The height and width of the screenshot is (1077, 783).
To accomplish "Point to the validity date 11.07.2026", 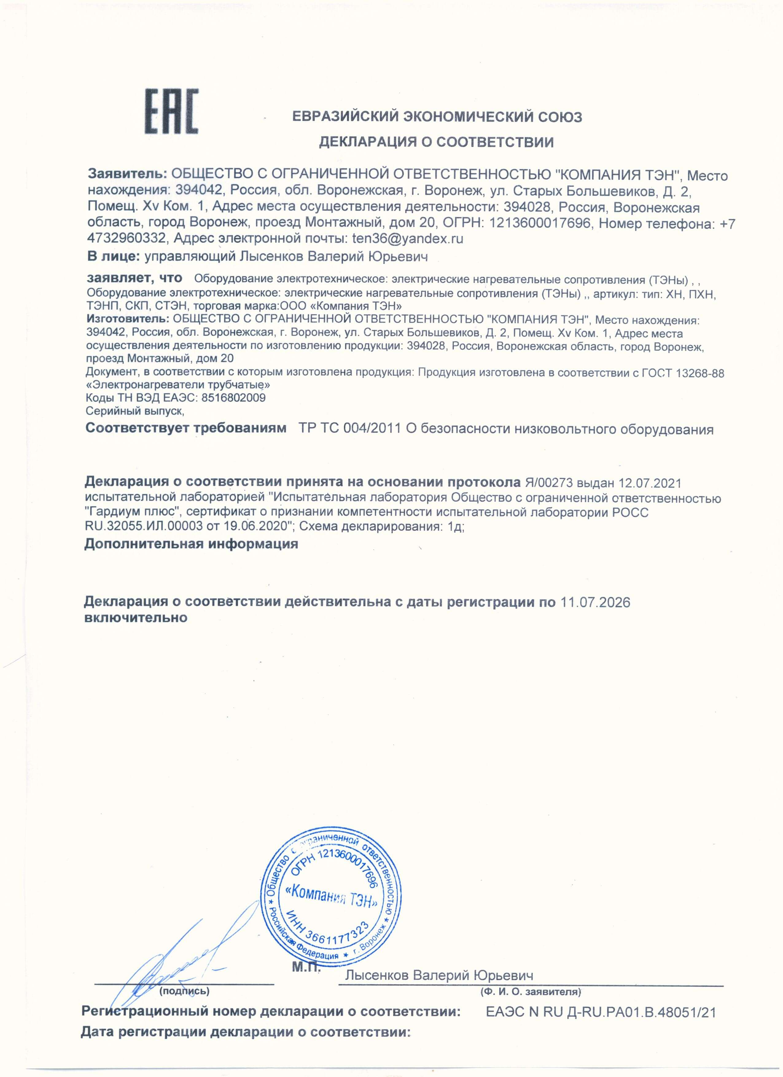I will pos(595,603).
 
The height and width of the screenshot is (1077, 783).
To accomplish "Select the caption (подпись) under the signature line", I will pos(185,991).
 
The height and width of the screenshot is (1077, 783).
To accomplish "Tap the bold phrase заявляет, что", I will pos(134,277).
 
